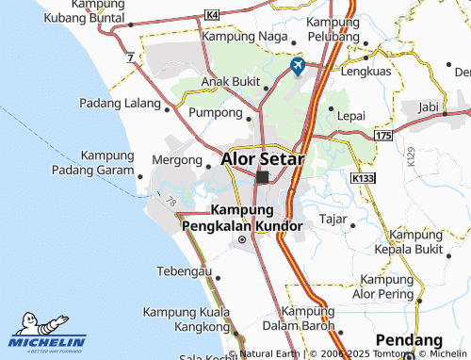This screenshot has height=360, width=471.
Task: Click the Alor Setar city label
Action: (x=263, y=159)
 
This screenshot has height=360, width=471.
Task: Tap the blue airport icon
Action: (x=299, y=66)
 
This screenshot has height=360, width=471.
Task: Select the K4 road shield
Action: (x=211, y=16)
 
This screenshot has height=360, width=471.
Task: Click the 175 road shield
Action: (x=382, y=138)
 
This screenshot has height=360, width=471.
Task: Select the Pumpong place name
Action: (x=216, y=112)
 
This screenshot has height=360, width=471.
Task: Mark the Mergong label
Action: (x=177, y=161)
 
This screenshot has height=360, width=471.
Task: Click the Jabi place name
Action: (x=429, y=106)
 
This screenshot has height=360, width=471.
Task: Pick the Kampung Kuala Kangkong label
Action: (x=186, y=319)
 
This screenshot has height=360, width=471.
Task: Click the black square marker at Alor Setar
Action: (x=262, y=177)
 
